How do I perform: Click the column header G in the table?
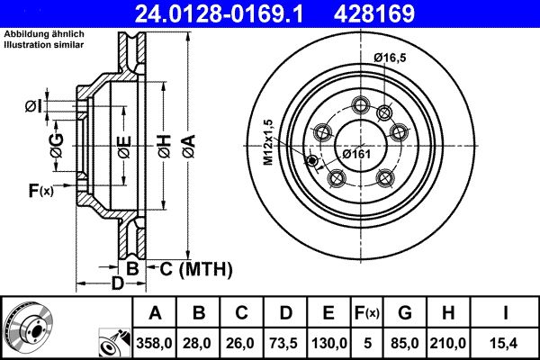click(405, 312)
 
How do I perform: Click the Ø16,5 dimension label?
click(390, 57)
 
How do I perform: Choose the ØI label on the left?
click(33, 107)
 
